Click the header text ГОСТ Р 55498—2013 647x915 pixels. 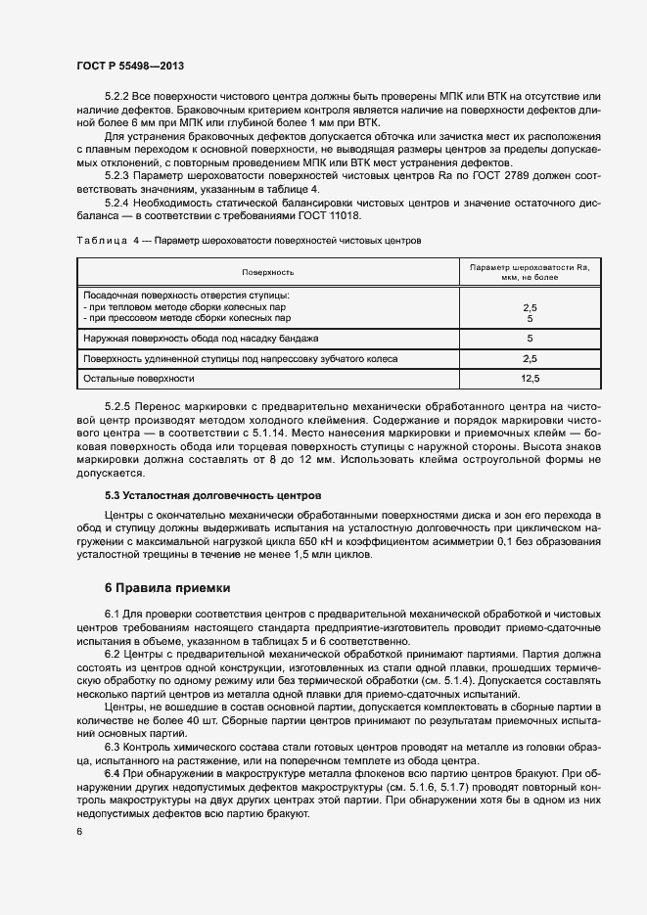point(130,66)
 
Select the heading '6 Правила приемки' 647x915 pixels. point(167,588)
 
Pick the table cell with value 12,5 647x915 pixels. point(530,378)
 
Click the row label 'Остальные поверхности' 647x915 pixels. point(139,378)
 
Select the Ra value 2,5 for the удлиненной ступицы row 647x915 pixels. point(530,359)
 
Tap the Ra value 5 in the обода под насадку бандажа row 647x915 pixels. point(530,339)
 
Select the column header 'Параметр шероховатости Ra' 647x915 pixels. point(529,266)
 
